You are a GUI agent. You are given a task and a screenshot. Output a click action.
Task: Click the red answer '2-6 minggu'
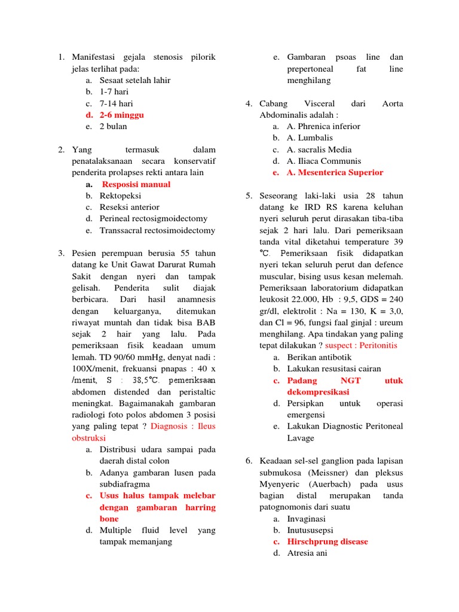point(121,115)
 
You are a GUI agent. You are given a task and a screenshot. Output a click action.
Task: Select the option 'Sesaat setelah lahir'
point(135,80)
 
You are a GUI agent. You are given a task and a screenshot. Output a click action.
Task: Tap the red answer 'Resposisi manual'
point(136,184)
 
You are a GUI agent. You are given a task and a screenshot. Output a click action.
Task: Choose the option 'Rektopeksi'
point(120,195)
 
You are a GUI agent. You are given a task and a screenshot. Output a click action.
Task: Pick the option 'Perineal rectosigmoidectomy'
point(154,219)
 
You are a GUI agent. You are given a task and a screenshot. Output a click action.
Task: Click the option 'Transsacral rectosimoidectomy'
point(157,230)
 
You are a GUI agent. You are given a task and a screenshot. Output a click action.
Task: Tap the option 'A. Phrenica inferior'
point(323,126)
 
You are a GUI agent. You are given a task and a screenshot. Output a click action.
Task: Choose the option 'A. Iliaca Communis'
point(323,161)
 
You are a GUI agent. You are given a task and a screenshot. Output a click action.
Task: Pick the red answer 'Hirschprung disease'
point(328,541)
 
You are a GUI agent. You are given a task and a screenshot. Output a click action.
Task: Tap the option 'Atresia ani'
point(307,553)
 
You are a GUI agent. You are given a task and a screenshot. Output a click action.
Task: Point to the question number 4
point(248,103)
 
